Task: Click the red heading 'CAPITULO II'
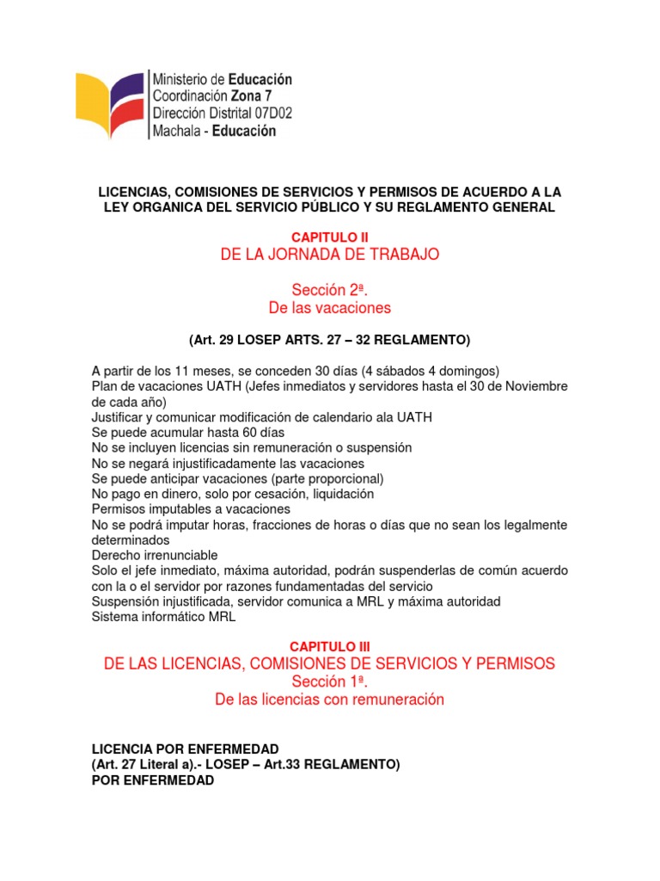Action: coord(330,237)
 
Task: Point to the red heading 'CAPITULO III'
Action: coord(330,645)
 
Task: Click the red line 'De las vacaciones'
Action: coord(330,307)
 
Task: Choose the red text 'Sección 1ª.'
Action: coord(330,681)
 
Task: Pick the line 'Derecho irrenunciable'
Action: coord(155,555)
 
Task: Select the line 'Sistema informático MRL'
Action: coord(163,617)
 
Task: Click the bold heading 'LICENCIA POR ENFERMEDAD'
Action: coord(185,749)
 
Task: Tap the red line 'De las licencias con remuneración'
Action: coord(330,699)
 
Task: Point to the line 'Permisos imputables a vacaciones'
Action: coord(191,509)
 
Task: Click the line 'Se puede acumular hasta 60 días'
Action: coord(188,432)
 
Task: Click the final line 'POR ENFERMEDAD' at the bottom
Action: coord(152,780)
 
